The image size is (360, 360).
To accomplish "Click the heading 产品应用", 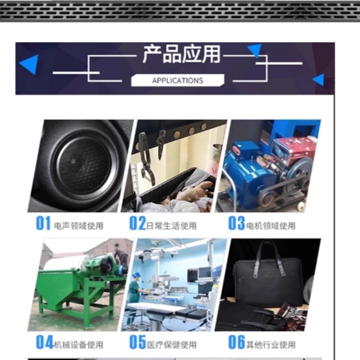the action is (182, 54).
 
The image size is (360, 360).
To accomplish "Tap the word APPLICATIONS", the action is (177, 81).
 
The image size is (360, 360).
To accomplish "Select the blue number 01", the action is (43, 223).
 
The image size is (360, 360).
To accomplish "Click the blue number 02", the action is (138, 223).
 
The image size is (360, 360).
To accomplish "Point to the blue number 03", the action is (237, 223).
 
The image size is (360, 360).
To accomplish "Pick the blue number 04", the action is (45, 342).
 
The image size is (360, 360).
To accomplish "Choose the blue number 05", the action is (138, 342).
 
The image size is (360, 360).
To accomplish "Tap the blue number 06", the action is (237, 342).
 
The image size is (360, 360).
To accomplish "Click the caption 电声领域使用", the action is (79, 226).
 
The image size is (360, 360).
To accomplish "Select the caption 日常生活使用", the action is (171, 226).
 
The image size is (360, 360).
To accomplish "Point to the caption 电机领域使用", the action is (271, 226).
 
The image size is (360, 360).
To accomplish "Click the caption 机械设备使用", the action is (79, 345).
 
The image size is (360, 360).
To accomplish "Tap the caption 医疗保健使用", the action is (172, 345).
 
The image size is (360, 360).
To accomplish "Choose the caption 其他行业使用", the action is (271, 345).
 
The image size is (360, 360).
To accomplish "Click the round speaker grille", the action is (84, 165).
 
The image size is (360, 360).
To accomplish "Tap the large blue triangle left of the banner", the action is (29, 64).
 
